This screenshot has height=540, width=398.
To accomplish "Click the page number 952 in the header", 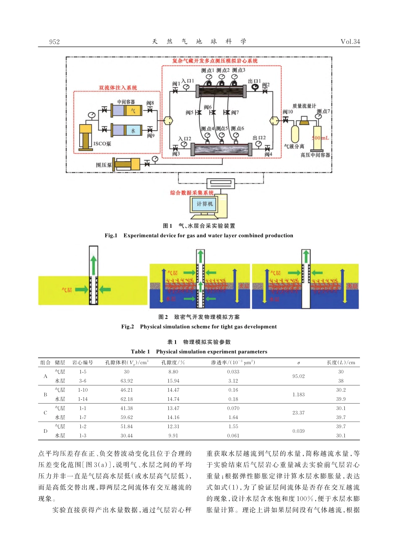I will coord(54,41).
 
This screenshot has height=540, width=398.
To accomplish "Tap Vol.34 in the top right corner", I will coord(350,41).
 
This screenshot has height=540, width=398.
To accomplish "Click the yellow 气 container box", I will coord(133,111).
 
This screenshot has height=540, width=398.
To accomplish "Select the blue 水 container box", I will coord(133,131).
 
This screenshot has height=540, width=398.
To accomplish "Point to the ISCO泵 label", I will coord(102,144).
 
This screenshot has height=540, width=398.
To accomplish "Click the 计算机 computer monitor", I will coord(205,204).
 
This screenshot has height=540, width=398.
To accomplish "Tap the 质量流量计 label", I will coord(304,106).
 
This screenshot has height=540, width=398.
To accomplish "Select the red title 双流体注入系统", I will coord(118,88).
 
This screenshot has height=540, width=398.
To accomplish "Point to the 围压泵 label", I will coord(103,165).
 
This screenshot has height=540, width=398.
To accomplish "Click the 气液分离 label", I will coord(294,147).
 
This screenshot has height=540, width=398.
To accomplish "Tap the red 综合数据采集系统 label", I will coord(192,193).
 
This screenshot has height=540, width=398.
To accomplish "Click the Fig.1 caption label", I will coord(111,236).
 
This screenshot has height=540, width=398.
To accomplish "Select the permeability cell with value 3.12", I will coord(233,381).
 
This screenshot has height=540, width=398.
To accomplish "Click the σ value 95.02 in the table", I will coord(298,376).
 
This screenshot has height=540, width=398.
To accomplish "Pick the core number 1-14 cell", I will coord(83,399).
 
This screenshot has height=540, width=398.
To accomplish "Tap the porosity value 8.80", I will coord(173,372).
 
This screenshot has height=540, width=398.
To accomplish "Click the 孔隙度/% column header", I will coord(173,363).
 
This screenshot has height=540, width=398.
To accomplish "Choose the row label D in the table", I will coord(45,431).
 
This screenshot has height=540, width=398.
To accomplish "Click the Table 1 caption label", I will coord(140,352).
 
